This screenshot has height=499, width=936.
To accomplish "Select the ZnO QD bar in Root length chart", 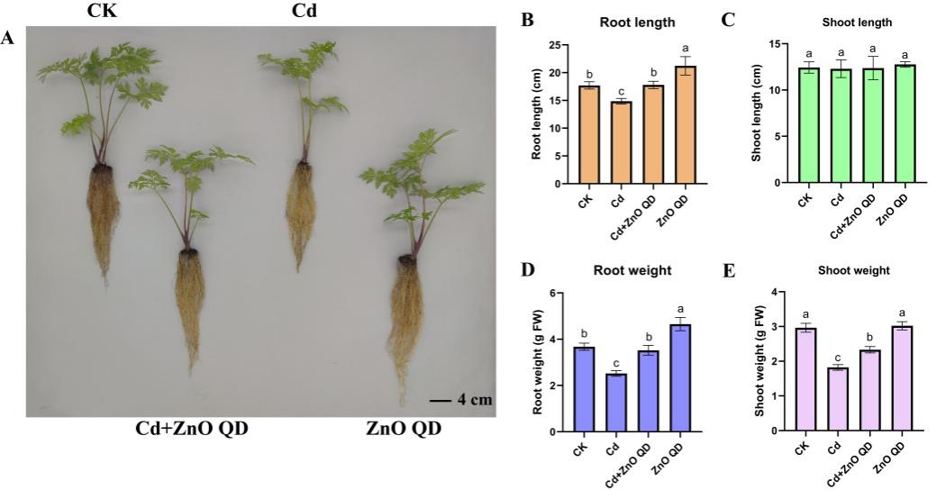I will tap(686, 125).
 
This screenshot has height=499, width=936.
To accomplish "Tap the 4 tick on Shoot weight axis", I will tap(775, 293).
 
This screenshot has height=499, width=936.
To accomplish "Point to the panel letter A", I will tap(8, 38).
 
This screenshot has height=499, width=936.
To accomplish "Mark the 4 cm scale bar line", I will tap(439, 398).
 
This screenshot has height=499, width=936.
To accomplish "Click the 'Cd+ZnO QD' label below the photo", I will tap(190, 427).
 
